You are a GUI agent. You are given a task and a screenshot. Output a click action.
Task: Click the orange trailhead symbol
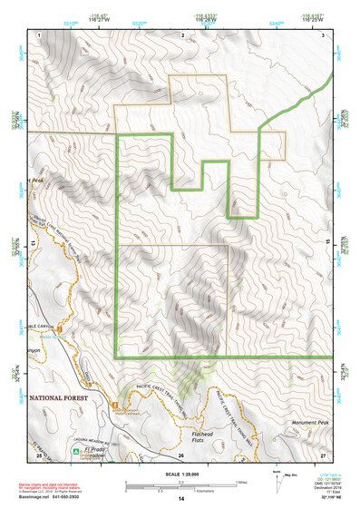point(115,404)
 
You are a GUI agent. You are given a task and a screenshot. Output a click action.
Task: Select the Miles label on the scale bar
point(238,481)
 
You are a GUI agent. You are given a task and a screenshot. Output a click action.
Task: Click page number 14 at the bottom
point(180,499)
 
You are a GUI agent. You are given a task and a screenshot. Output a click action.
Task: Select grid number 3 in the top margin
point(323,34)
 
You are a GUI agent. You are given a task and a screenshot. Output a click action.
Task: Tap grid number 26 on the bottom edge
point(181,455)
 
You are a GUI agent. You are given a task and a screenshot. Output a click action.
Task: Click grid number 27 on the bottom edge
point(322,455)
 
